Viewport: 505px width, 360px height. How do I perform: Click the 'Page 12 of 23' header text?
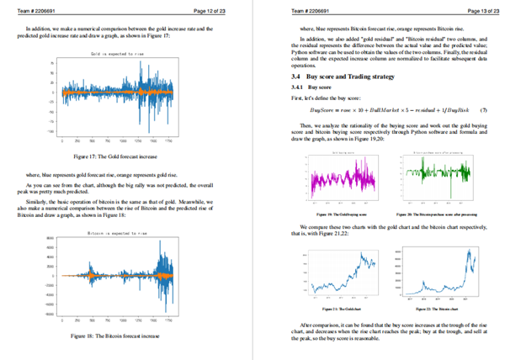point(210,10)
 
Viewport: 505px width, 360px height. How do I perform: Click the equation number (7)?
point(482,110)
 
